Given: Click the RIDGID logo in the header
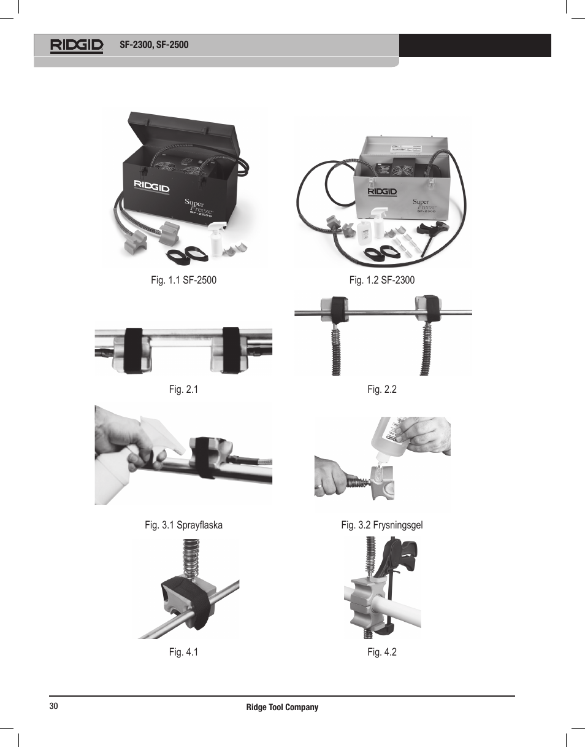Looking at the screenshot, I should pyautogui.click(x=77, y=45).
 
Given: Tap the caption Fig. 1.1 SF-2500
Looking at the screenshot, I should pyautogui.click(x=184, y=281).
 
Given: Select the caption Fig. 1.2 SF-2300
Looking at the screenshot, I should pyautogui.click(x=382, y=281).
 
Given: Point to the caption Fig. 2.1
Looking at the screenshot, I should pyautogui.click(x=184, y=390).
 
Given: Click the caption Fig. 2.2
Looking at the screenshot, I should pyautogui.click(x=382, y=390).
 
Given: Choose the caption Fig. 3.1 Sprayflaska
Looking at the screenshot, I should pyautogui.click(x=184, y=525).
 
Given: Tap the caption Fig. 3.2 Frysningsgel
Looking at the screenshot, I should pyautogui.click(x=382, y=525).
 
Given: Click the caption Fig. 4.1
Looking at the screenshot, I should pyautogui.click(x=184, y=652).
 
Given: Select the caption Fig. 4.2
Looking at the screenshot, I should pyautogui.click(x=382, y=652).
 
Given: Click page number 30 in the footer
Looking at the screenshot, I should pyautogui.click(x=53, y=706).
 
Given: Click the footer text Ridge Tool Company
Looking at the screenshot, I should pyautogui.click(x=282, y=707).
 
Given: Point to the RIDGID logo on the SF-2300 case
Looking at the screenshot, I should pyautogui.click(x=383, y=192).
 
